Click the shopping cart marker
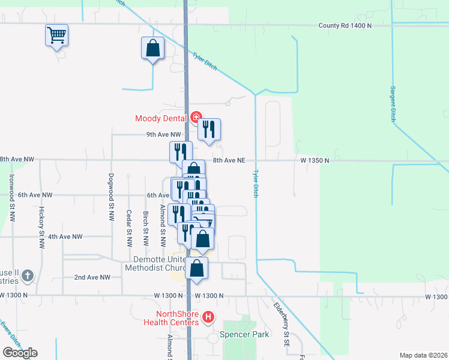[56, 35]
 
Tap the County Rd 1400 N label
[345, 26]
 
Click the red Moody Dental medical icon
[196, 118]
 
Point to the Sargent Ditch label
[393, 103]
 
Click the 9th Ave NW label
[163, 135]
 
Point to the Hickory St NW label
[42, 228]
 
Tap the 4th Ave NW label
[65, 237]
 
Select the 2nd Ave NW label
[92, 277]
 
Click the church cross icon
[27, 277]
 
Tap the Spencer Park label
[244, 335]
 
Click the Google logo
[20, 352]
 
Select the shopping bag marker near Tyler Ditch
[153, 49]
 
